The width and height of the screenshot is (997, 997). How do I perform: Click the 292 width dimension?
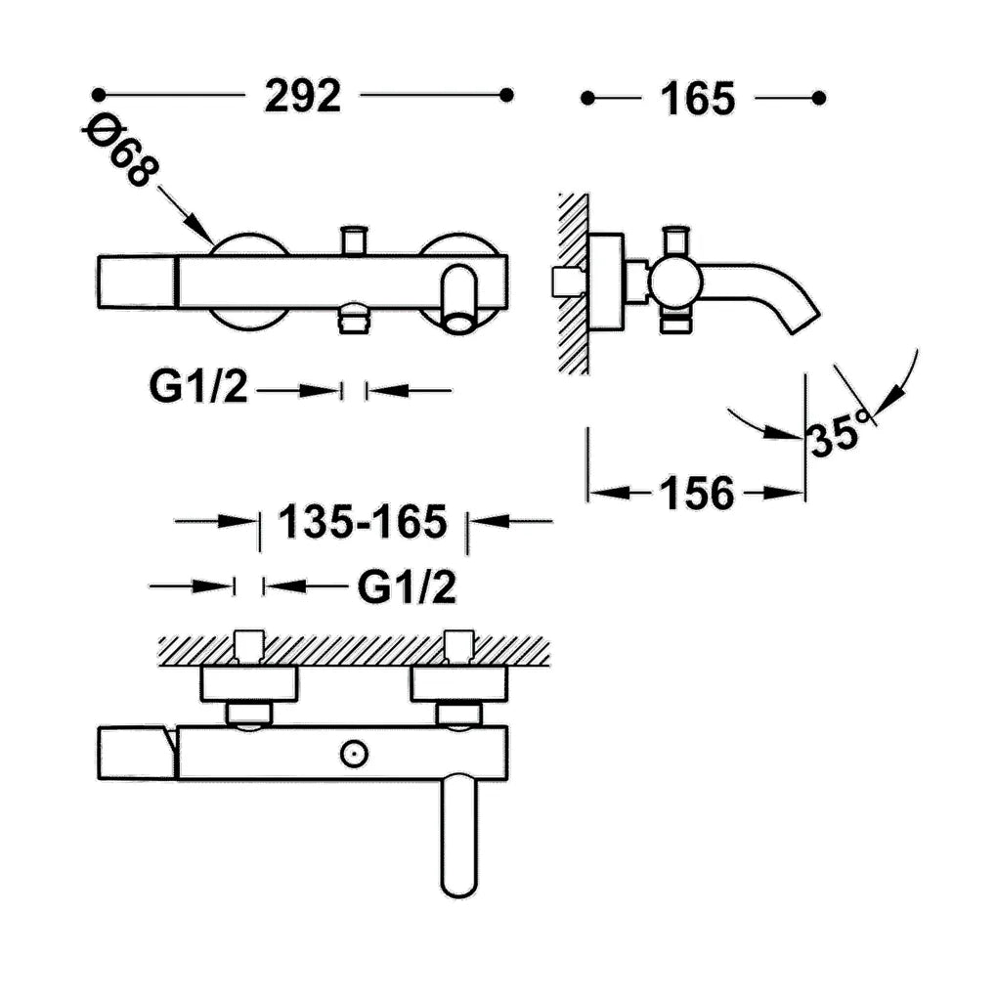click(x=303, y=96)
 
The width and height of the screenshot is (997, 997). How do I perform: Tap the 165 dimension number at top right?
click(x=698, y=99)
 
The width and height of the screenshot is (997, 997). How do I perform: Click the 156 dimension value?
click(x=697, y=493)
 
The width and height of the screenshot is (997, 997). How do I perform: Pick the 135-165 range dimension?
click(x=363, y=522)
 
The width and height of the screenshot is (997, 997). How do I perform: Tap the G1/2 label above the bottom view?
click(x=407, y=586)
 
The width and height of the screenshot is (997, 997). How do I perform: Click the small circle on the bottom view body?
click(x=354, y=755)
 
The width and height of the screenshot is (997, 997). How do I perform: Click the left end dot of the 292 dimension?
click(x=98, y=95)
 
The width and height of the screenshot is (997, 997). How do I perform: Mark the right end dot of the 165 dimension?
click(x=819, y=98)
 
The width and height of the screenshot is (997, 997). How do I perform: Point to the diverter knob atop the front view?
click(x=354, y=239)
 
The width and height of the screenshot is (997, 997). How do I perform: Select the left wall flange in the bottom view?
click(x=249, y=684)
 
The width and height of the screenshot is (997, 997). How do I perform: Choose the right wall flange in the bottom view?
click(x=458, y=684)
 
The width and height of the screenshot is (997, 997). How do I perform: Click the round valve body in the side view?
click(x=675, y=282)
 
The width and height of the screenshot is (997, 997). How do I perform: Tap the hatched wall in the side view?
click(x=573, y=283)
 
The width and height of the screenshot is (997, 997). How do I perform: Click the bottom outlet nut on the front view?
click(x=354, y=320)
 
